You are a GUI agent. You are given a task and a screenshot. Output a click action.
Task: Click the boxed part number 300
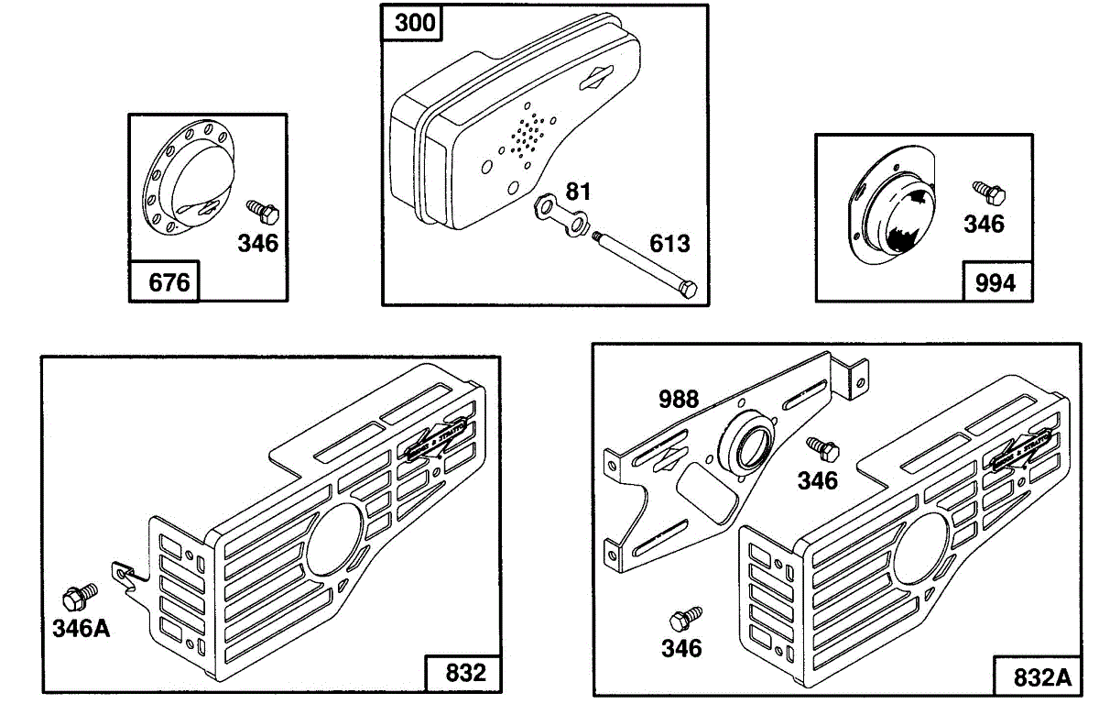(x=415, y=23)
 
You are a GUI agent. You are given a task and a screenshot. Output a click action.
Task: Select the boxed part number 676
(x=169, y=281)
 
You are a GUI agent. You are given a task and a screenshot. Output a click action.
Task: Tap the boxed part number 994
(x=995, y=282)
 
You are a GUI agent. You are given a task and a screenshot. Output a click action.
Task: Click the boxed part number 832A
(x=1041, y=677)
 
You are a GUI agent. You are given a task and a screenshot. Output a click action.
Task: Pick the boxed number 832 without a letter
(x=465, y=672)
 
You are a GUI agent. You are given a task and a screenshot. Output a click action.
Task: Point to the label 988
(x=679, y=399)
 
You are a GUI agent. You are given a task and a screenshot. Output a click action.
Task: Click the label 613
(x=670, y=244)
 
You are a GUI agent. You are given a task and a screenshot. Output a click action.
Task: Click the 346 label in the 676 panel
(x=257, y=244)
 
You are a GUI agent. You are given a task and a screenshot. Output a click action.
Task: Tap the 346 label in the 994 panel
(x=984, y=223)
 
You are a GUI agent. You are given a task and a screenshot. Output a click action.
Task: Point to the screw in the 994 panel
(x=989, y=192)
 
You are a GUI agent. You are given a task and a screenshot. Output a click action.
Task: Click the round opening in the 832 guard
(x=334, y=540)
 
